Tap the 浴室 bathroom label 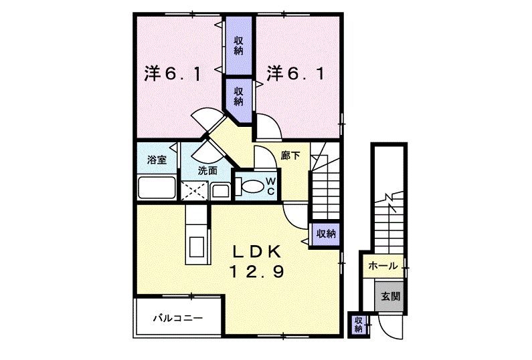click(x=157, y=160)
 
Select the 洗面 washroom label click(x=207, y=170)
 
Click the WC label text click(x=270, y=186)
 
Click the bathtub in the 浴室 click(x=157, y=188)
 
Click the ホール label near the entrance click(x=382, y=266)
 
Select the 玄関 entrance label click(x=390, y=295)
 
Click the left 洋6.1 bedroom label click(x=172, y=73)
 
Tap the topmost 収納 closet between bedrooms click(x=238, y=45)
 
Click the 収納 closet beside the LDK click(x=326, y=234)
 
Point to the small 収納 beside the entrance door click(x=358, y=325)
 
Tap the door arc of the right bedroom click(x=267, y=127)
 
